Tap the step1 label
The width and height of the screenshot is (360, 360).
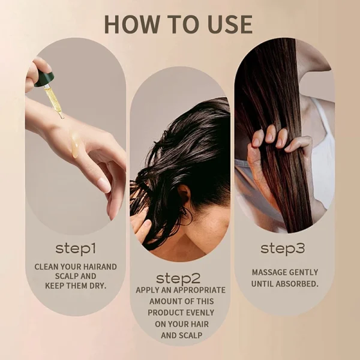[x=76, y=247]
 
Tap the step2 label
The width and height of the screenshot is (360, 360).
[x=180, y=278]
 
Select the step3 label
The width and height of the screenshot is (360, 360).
[x=284, y=247]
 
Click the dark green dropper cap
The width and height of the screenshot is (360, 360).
[x=44, y=79]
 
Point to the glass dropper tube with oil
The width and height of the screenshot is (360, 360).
[x=53, y=99]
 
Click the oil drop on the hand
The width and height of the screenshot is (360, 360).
[x=74, y=146]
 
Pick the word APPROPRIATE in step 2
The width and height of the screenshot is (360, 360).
[x=199, y=290]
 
